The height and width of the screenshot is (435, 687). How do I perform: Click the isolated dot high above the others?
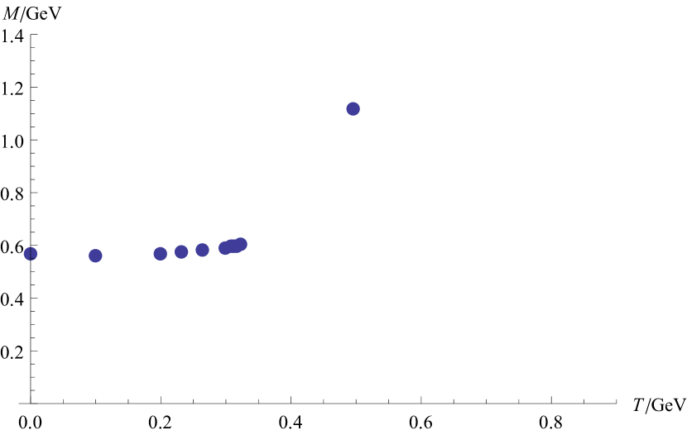click(353, 108)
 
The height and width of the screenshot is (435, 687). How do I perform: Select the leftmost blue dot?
click(31, 254)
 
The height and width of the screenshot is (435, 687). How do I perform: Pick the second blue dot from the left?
click(95, 256)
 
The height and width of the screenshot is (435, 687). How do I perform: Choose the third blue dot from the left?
click(160, 253)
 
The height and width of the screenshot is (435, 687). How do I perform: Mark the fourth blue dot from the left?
click(181, 251)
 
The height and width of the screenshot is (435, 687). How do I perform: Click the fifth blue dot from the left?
click(202, 250)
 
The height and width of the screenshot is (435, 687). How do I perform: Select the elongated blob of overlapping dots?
click(233, 246)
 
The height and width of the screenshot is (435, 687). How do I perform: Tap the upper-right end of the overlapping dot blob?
click(242, 244)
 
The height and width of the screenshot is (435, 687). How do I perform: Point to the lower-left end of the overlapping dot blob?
click(224, 248)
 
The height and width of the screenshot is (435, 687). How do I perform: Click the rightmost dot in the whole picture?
click(353, 108)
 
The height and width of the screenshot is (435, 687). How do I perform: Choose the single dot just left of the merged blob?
click(202, 250)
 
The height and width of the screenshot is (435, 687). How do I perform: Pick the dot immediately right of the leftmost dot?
click(95, 256)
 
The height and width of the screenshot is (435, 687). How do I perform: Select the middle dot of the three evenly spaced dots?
click(181, 251)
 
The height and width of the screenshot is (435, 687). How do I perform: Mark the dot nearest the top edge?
click(353, 108)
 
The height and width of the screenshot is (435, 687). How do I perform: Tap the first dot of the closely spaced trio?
click(160, 253)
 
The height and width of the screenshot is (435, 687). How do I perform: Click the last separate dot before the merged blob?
click(202, 250)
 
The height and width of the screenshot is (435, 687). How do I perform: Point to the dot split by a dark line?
click(31, 254)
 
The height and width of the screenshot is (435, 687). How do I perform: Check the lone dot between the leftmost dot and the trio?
click(95, 256)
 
